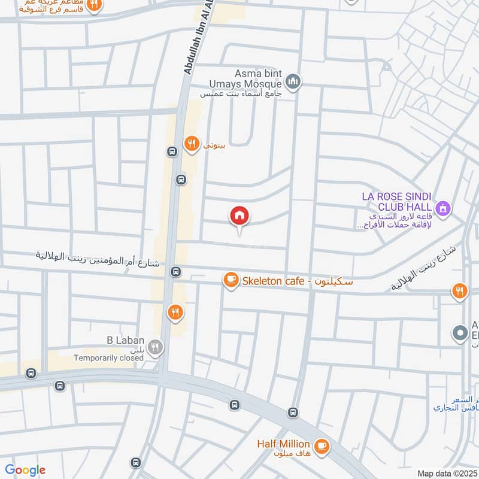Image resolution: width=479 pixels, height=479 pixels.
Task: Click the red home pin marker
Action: click(x=239, y=216)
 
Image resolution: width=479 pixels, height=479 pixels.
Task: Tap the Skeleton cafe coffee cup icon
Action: click(x=231, y=280)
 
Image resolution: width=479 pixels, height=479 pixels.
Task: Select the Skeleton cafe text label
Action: click(x=297, y=280)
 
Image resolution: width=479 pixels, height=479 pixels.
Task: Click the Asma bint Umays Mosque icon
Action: click(x=292, y=81)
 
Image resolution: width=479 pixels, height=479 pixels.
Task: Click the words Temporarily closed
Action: click(x=109, y=358)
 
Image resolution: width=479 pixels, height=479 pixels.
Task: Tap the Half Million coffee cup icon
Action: click(x=322, y=447)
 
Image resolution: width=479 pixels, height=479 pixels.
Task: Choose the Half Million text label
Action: click(x=284, y=444)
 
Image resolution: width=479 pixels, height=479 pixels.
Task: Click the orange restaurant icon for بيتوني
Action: click(x=191, y=143)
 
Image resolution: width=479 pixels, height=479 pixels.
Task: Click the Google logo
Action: click(x=25, y=470)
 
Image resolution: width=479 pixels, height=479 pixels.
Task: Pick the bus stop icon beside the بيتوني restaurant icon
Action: click(x=172, y=151)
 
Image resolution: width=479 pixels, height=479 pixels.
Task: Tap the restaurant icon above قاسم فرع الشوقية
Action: click(x=93, y=5)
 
